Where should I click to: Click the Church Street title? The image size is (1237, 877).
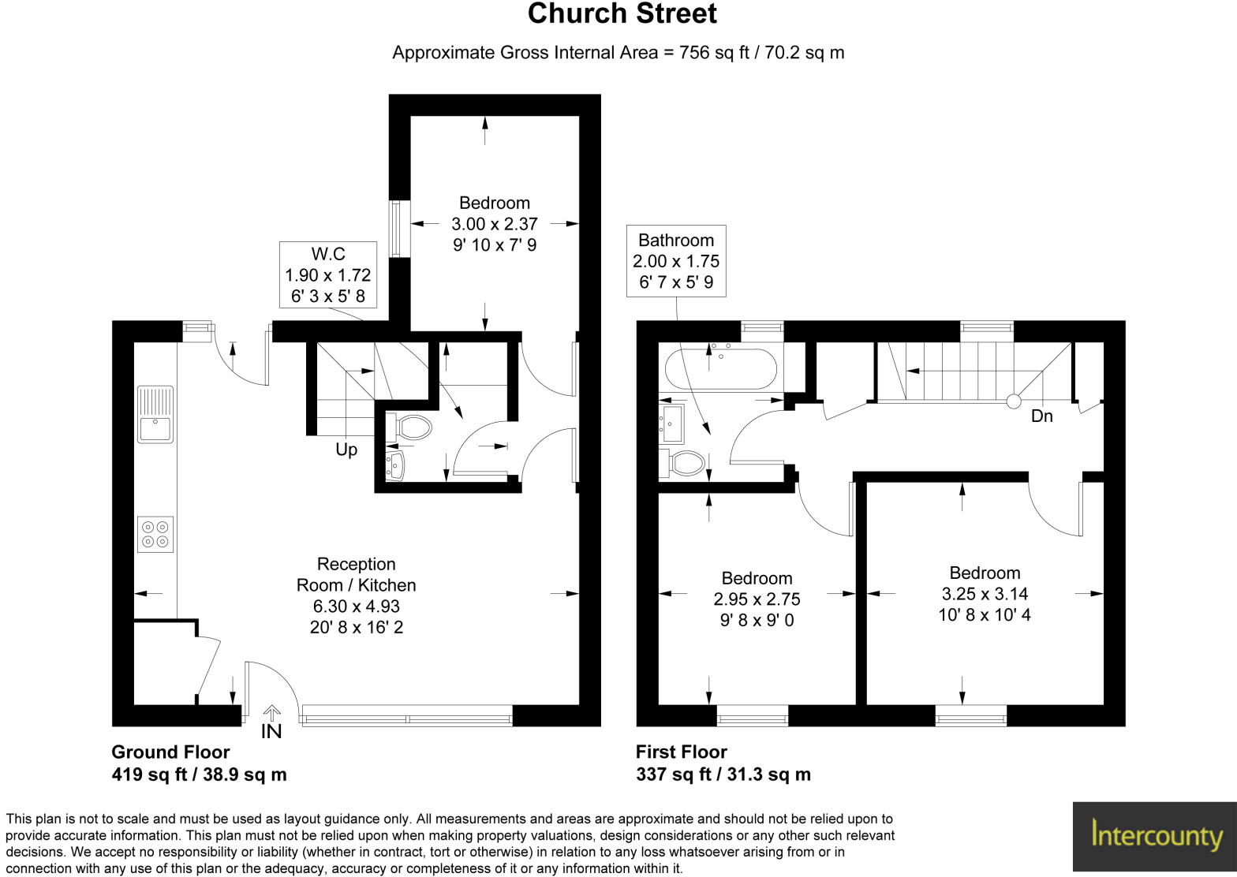[622, 14]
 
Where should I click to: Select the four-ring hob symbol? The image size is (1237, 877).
[155, 534]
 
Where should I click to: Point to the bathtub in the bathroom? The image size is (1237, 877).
[721, 369]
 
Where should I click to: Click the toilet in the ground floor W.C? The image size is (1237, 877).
[414, 428]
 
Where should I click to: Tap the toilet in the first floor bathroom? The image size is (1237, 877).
[686, 462]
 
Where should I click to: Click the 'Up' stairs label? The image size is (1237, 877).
[346, 450]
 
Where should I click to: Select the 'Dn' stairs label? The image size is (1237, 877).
[1041, 416]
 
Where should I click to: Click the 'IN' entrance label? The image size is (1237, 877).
[271, 732]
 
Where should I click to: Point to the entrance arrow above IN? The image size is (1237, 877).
[271, 712]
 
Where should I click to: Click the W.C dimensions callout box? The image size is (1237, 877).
[327, 275]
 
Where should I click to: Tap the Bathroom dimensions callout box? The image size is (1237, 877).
[676, 261]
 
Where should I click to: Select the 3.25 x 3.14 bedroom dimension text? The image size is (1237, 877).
[985, 594]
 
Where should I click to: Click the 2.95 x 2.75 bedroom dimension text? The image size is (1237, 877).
[757, 599]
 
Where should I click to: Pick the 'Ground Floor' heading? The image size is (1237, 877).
[170, 752]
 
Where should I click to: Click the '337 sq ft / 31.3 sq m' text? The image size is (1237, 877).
[723, 774]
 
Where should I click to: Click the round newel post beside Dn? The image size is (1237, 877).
[1013, 401]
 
